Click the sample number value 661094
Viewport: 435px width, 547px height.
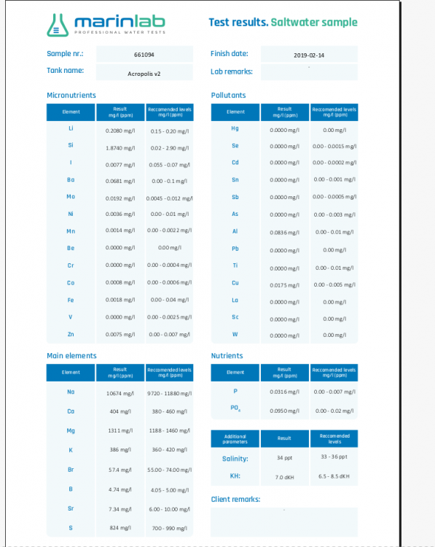click(x=144, y=54)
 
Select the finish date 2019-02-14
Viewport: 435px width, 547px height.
click(x=309, y=54)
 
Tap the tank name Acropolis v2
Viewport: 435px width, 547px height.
click(x=144, y=73)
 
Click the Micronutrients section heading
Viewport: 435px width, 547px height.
click(x=71, y=95)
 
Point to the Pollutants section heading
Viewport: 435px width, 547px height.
click(x=228, y=95)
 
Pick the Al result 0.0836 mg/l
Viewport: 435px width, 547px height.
click(x=284, y=232)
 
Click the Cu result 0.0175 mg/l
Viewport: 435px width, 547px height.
click(x=284, y=284)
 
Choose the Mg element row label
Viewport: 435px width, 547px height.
click(x=71, y=430)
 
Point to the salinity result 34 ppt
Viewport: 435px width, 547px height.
click(x=284, y=458)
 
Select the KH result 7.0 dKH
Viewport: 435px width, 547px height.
click(x=284, y=476)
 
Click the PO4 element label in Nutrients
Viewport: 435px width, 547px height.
click(x=235, y=408)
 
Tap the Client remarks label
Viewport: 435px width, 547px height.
click(x=235, y=500)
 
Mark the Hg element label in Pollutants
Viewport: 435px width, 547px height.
click(x=235, y=129)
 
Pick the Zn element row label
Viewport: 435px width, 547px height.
click(x=71, y=334)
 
